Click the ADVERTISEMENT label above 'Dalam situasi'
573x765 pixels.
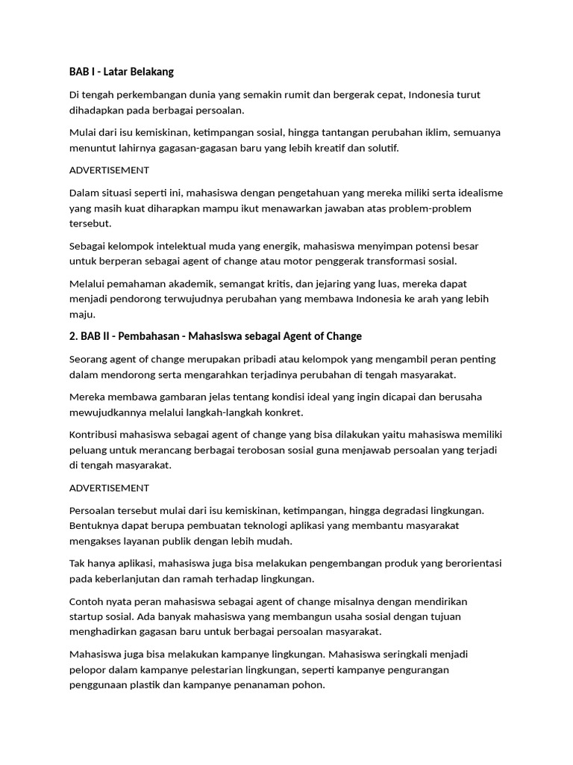click(x=109, y=170)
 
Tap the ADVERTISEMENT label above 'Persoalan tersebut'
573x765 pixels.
click(x=109, y=488)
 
